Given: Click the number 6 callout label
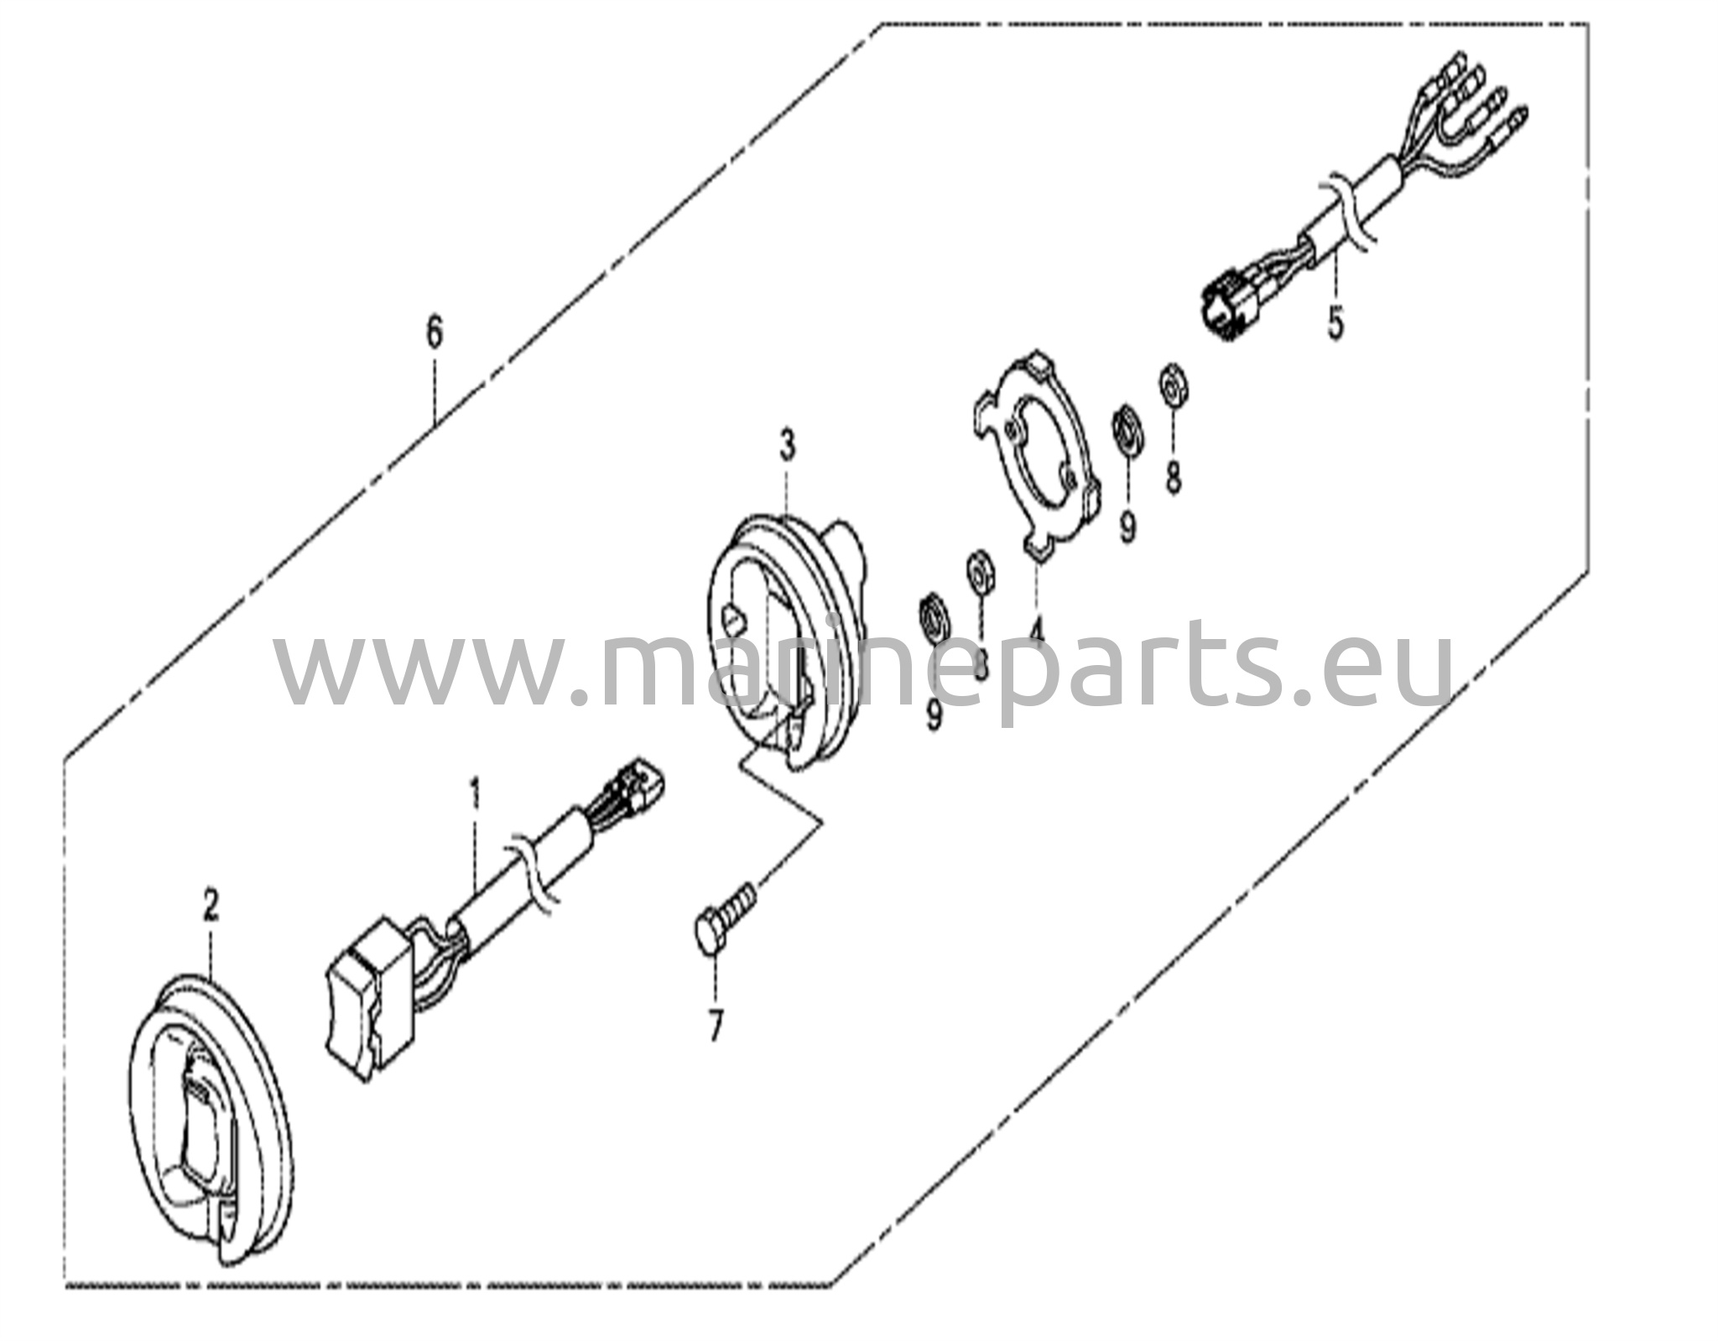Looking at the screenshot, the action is click(x=433, y=333).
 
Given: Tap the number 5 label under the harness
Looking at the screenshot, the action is click(x=1335, y=323).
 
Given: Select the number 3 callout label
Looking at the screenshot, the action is click(x=786, y=446).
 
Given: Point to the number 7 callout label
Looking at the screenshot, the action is click(x=715, y=1026).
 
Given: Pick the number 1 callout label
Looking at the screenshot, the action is click(x=476, y=793).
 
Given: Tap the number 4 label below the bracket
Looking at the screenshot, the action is click(x=1037, y=628).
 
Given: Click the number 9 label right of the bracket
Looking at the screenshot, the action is click(x=1128, y=527).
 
